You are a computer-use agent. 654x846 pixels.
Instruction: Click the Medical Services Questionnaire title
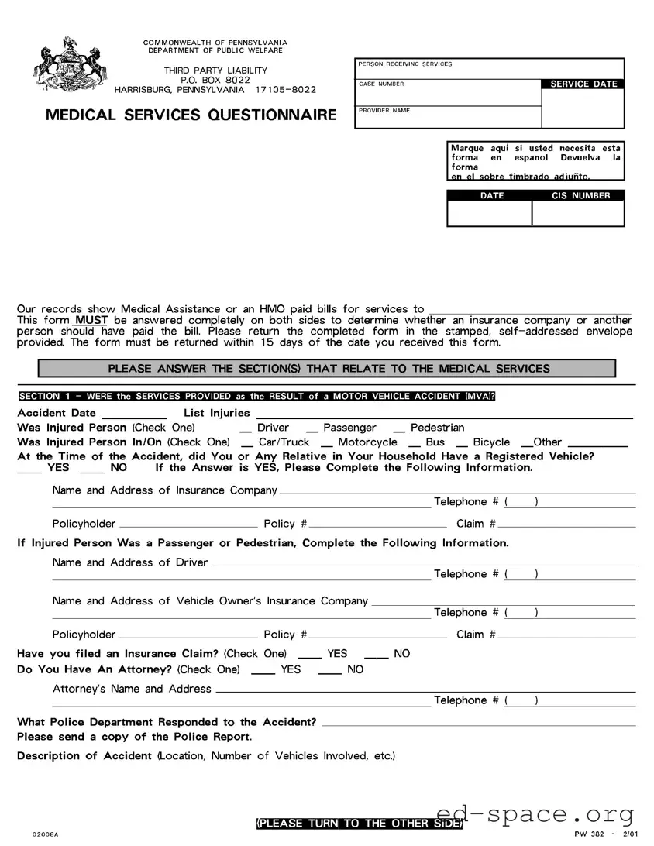coord(191,115)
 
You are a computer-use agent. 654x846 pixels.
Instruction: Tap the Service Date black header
coord(583,84)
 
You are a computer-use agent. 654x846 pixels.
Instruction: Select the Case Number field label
coord(381,84)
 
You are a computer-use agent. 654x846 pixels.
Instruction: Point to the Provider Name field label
coord(384,111)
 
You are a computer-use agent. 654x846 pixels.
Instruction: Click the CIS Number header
coord(580,196)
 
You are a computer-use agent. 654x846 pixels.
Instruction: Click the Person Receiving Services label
coord(405,64)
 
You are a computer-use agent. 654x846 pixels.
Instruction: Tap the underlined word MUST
coord(91,320)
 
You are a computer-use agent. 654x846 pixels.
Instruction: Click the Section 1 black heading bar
coord(256,397)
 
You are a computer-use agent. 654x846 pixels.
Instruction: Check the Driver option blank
coord(246,429)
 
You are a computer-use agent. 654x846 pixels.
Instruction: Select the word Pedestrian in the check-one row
coord(437,428)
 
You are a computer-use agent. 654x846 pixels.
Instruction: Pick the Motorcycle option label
coord(367,442)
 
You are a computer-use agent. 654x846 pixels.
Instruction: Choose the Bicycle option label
coord(491,442)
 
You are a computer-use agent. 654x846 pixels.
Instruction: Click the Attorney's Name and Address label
coord(132,689)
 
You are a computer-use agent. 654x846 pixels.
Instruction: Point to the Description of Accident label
coord(84,756)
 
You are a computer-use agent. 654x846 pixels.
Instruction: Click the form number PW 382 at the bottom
coord(590,834)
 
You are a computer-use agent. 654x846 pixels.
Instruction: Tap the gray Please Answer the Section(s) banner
coord(327,369)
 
